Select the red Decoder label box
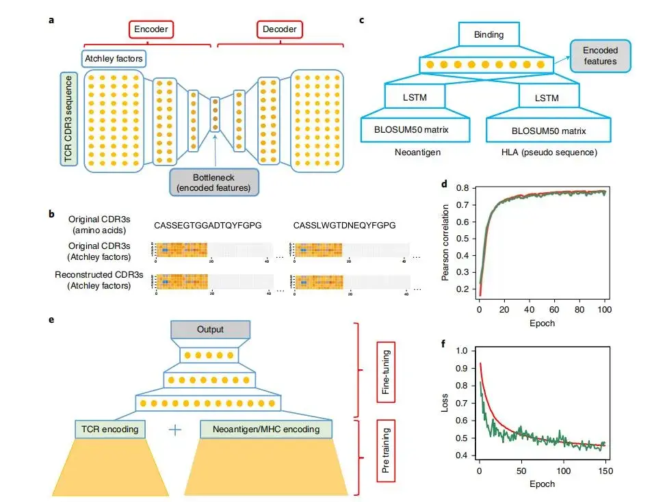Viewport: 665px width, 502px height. [281, 29]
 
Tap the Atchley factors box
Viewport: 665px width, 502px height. [114, 59]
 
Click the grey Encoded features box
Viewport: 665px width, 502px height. [599, 55]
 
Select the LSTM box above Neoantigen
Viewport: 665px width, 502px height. [415, 98]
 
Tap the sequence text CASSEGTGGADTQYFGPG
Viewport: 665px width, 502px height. [208, 224]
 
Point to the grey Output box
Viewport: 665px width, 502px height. [210, 330]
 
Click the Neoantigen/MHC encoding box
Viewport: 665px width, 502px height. [265, 430]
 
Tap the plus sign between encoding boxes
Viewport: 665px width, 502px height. [176, 430]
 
